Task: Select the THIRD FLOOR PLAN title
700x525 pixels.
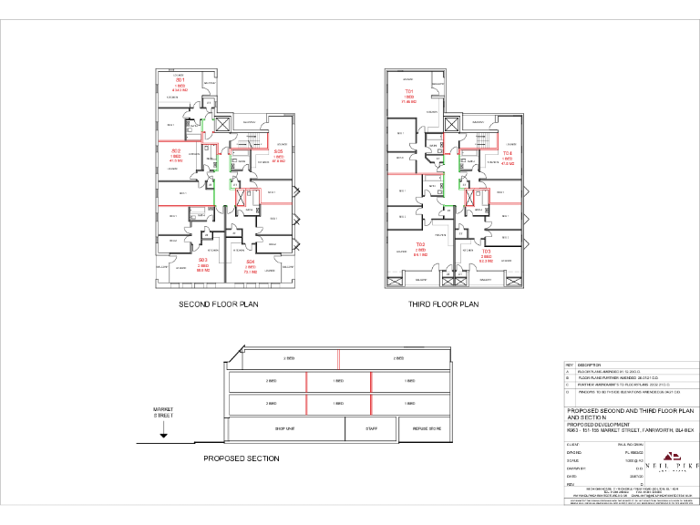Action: click(x=444, y=304)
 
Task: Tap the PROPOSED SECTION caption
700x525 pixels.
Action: click(x=241, y=458)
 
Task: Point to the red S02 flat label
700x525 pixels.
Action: click(x=175, y=150)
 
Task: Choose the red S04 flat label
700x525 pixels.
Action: click(x=250, y=262)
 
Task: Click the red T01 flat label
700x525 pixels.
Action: click(x=409, y=92)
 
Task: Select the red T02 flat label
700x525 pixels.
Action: click(x=421, y=245)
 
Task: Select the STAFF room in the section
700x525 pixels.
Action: click(x=371, y=427)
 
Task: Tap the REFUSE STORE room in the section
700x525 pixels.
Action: click(x=427, y=427)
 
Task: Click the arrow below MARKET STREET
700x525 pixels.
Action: click(x=162, y=435)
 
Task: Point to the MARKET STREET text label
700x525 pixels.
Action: click(x=162, y=413)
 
